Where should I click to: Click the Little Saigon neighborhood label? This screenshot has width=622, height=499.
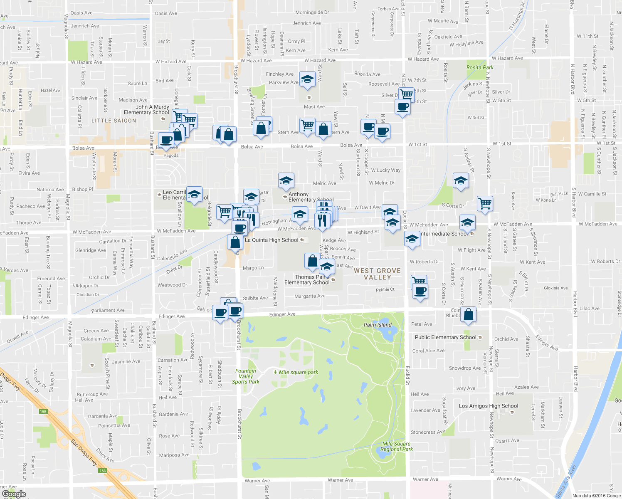[x=114, y=121]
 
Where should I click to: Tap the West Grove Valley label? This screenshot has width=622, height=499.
[x=377, y=274]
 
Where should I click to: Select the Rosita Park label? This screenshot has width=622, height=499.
[x=480, y=67]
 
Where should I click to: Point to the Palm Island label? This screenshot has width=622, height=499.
[x=378, y=325]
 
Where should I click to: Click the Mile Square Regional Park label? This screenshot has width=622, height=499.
[x=397, y=446]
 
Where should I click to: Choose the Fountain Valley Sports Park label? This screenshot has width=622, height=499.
[x=246, y=376]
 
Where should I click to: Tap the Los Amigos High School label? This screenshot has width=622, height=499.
[x=489, y=406]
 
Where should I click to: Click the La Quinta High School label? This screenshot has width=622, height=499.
[x=272, y=240]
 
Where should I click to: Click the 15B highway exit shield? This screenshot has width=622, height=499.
[x=43, y=412]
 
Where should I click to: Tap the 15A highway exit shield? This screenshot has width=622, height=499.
[x=102, y=471]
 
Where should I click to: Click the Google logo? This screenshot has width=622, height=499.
[x=14, y=494]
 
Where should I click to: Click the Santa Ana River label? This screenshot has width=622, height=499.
[x=566, y=480]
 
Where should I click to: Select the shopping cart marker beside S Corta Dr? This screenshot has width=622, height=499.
[x=485, y=204]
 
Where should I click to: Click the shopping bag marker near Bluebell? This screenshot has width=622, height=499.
[x=469, y=315]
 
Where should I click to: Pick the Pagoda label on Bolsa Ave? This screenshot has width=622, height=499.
[x=171, y=156]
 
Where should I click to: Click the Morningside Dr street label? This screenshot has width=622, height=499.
[x=312, y=12]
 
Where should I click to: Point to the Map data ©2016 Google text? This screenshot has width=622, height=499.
[x=596, y=496]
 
